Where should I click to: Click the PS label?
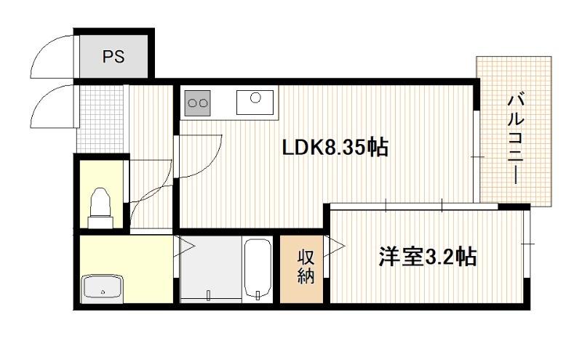click(113, 57)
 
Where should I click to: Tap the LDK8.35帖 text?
click(335, 148)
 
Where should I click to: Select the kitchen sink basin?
click(254, 98)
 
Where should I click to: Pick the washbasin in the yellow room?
click(103, 287)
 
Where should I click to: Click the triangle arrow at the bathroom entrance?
click(185, 247)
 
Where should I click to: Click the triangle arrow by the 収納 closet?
click(337, 247)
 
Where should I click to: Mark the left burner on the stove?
click(192, 103)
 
